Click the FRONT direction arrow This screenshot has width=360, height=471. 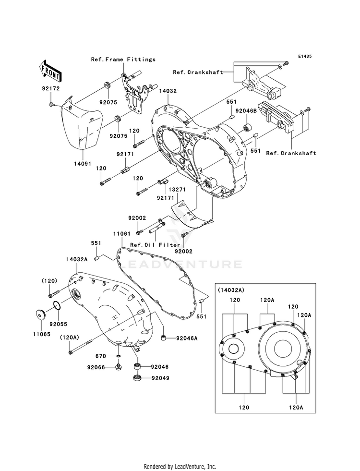(50, 71)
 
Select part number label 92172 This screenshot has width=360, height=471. (51, 89)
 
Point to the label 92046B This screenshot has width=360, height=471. (246, 111)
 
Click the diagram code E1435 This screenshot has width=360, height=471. (305, 56)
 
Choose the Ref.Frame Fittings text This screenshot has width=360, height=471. (123, 60)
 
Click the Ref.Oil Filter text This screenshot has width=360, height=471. (155, 245)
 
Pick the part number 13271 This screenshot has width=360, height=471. (177, 190)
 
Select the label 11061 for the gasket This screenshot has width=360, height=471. (122, 233)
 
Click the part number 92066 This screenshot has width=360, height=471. (96, 367)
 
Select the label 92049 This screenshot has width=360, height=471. (160, 378)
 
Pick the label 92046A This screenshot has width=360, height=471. (187, 338)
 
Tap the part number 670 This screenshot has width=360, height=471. (101, 356)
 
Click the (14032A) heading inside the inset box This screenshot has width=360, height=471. (231, 290)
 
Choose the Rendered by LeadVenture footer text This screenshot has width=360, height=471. (180, 467)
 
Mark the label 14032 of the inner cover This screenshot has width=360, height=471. (168, 91)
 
